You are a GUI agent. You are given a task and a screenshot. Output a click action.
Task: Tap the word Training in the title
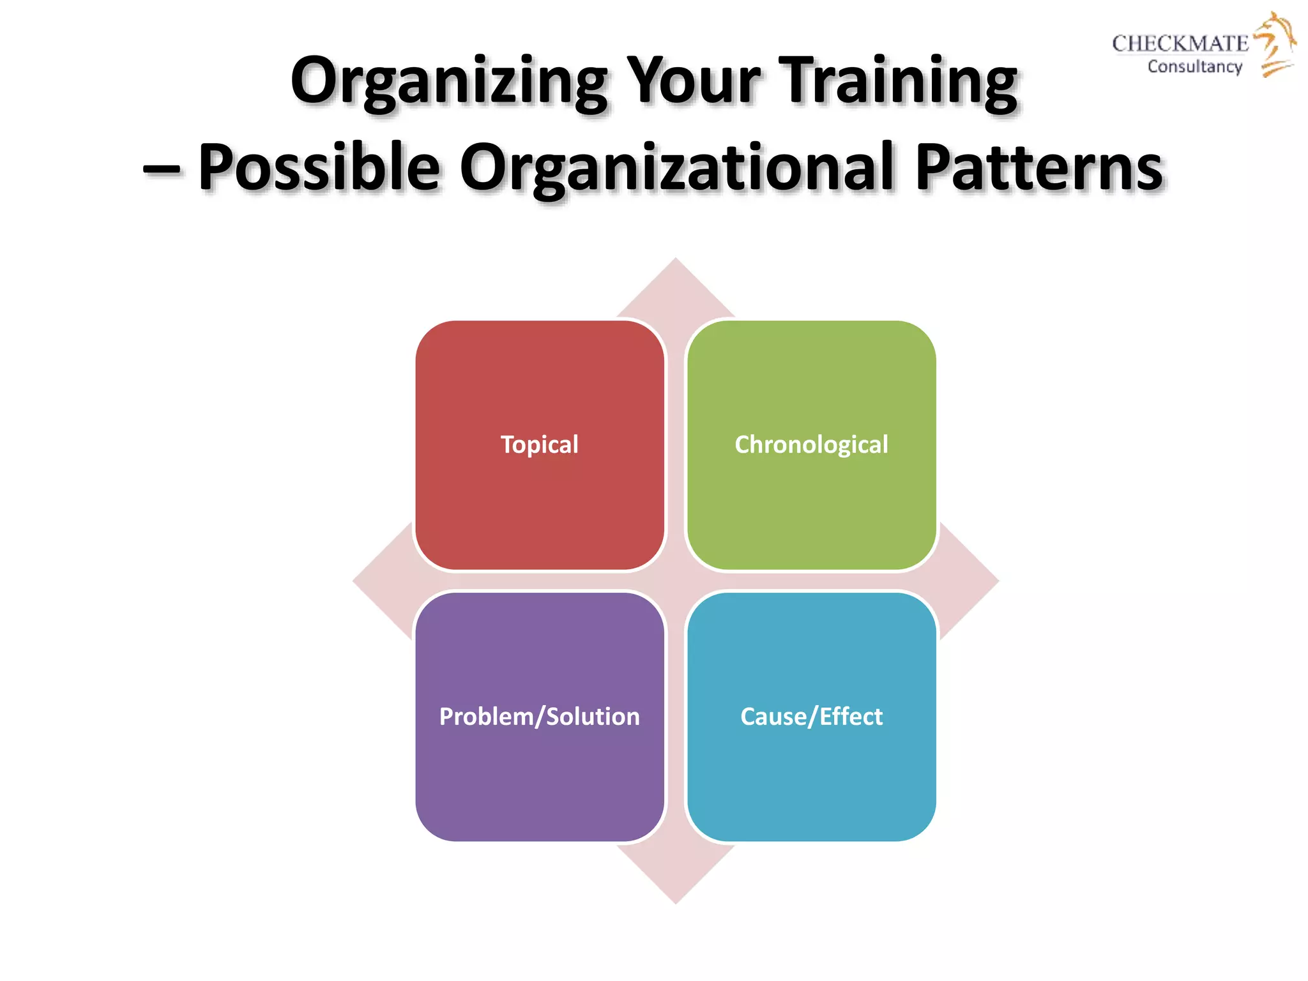[901, 82]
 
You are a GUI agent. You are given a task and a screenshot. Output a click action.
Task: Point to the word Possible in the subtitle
[319, 167]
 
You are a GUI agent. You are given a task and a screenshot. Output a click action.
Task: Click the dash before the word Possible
[162, 170]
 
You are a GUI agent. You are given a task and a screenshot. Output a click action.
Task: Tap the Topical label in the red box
[540, 445]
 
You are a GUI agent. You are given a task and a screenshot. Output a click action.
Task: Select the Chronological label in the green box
[811, 445]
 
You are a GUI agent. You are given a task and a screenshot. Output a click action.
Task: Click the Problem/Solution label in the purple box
[540, 717]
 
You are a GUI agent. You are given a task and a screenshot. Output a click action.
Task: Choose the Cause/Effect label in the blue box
[811, 717]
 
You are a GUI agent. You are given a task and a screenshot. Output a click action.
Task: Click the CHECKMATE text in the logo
[1180, 43]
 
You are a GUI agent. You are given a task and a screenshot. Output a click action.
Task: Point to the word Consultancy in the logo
[1194, 66]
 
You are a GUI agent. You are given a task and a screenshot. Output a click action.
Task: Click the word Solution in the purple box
[593, 717]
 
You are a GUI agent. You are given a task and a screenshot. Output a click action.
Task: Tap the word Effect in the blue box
[851, 717]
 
